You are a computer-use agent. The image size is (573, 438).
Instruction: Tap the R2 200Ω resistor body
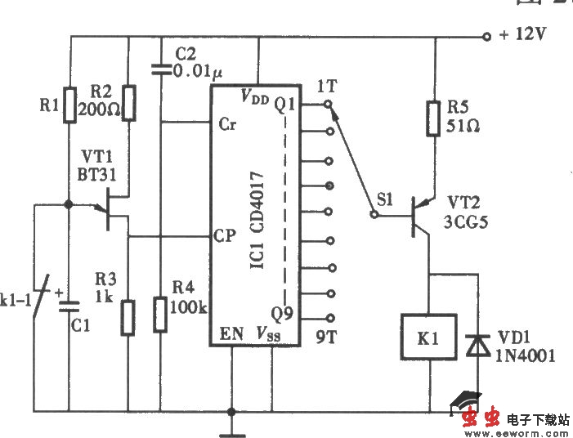point(128,103)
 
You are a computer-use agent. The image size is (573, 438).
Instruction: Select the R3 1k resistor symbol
point(128,317)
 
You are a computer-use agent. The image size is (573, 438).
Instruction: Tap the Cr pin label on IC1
point(228,124)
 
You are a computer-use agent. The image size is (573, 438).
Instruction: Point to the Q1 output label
point(284,105)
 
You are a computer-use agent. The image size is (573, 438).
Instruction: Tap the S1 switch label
point(386,199)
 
